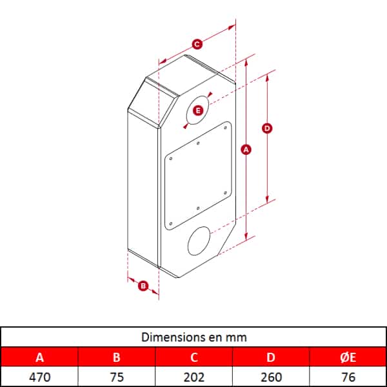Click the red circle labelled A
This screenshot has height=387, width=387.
coord(246,150)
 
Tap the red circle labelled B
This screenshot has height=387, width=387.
coord(143,286)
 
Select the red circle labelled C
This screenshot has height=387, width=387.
coord(197,45)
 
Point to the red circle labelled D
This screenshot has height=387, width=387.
coord(267,128)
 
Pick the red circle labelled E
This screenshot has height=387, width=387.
coord(198,110)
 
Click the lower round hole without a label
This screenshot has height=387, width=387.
coord(199,241)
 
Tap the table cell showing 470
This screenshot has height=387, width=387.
coord(40,377)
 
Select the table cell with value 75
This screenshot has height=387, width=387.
coord(117,377)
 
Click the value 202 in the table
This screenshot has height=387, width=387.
coord(194,377)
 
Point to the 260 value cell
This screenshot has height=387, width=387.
coord(271,377)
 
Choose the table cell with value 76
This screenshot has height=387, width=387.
coord(348,377)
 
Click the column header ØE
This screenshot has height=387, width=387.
coord(348,357)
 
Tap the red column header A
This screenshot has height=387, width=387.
coord(40,357)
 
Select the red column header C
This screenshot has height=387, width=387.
coord(194,357)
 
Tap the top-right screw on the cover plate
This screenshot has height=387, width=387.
coord(225,128)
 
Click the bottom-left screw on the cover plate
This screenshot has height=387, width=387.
coord(171,224)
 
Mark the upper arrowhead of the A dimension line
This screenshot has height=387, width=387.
coord(246,63)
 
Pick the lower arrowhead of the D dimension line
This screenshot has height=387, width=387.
coord(267,199)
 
